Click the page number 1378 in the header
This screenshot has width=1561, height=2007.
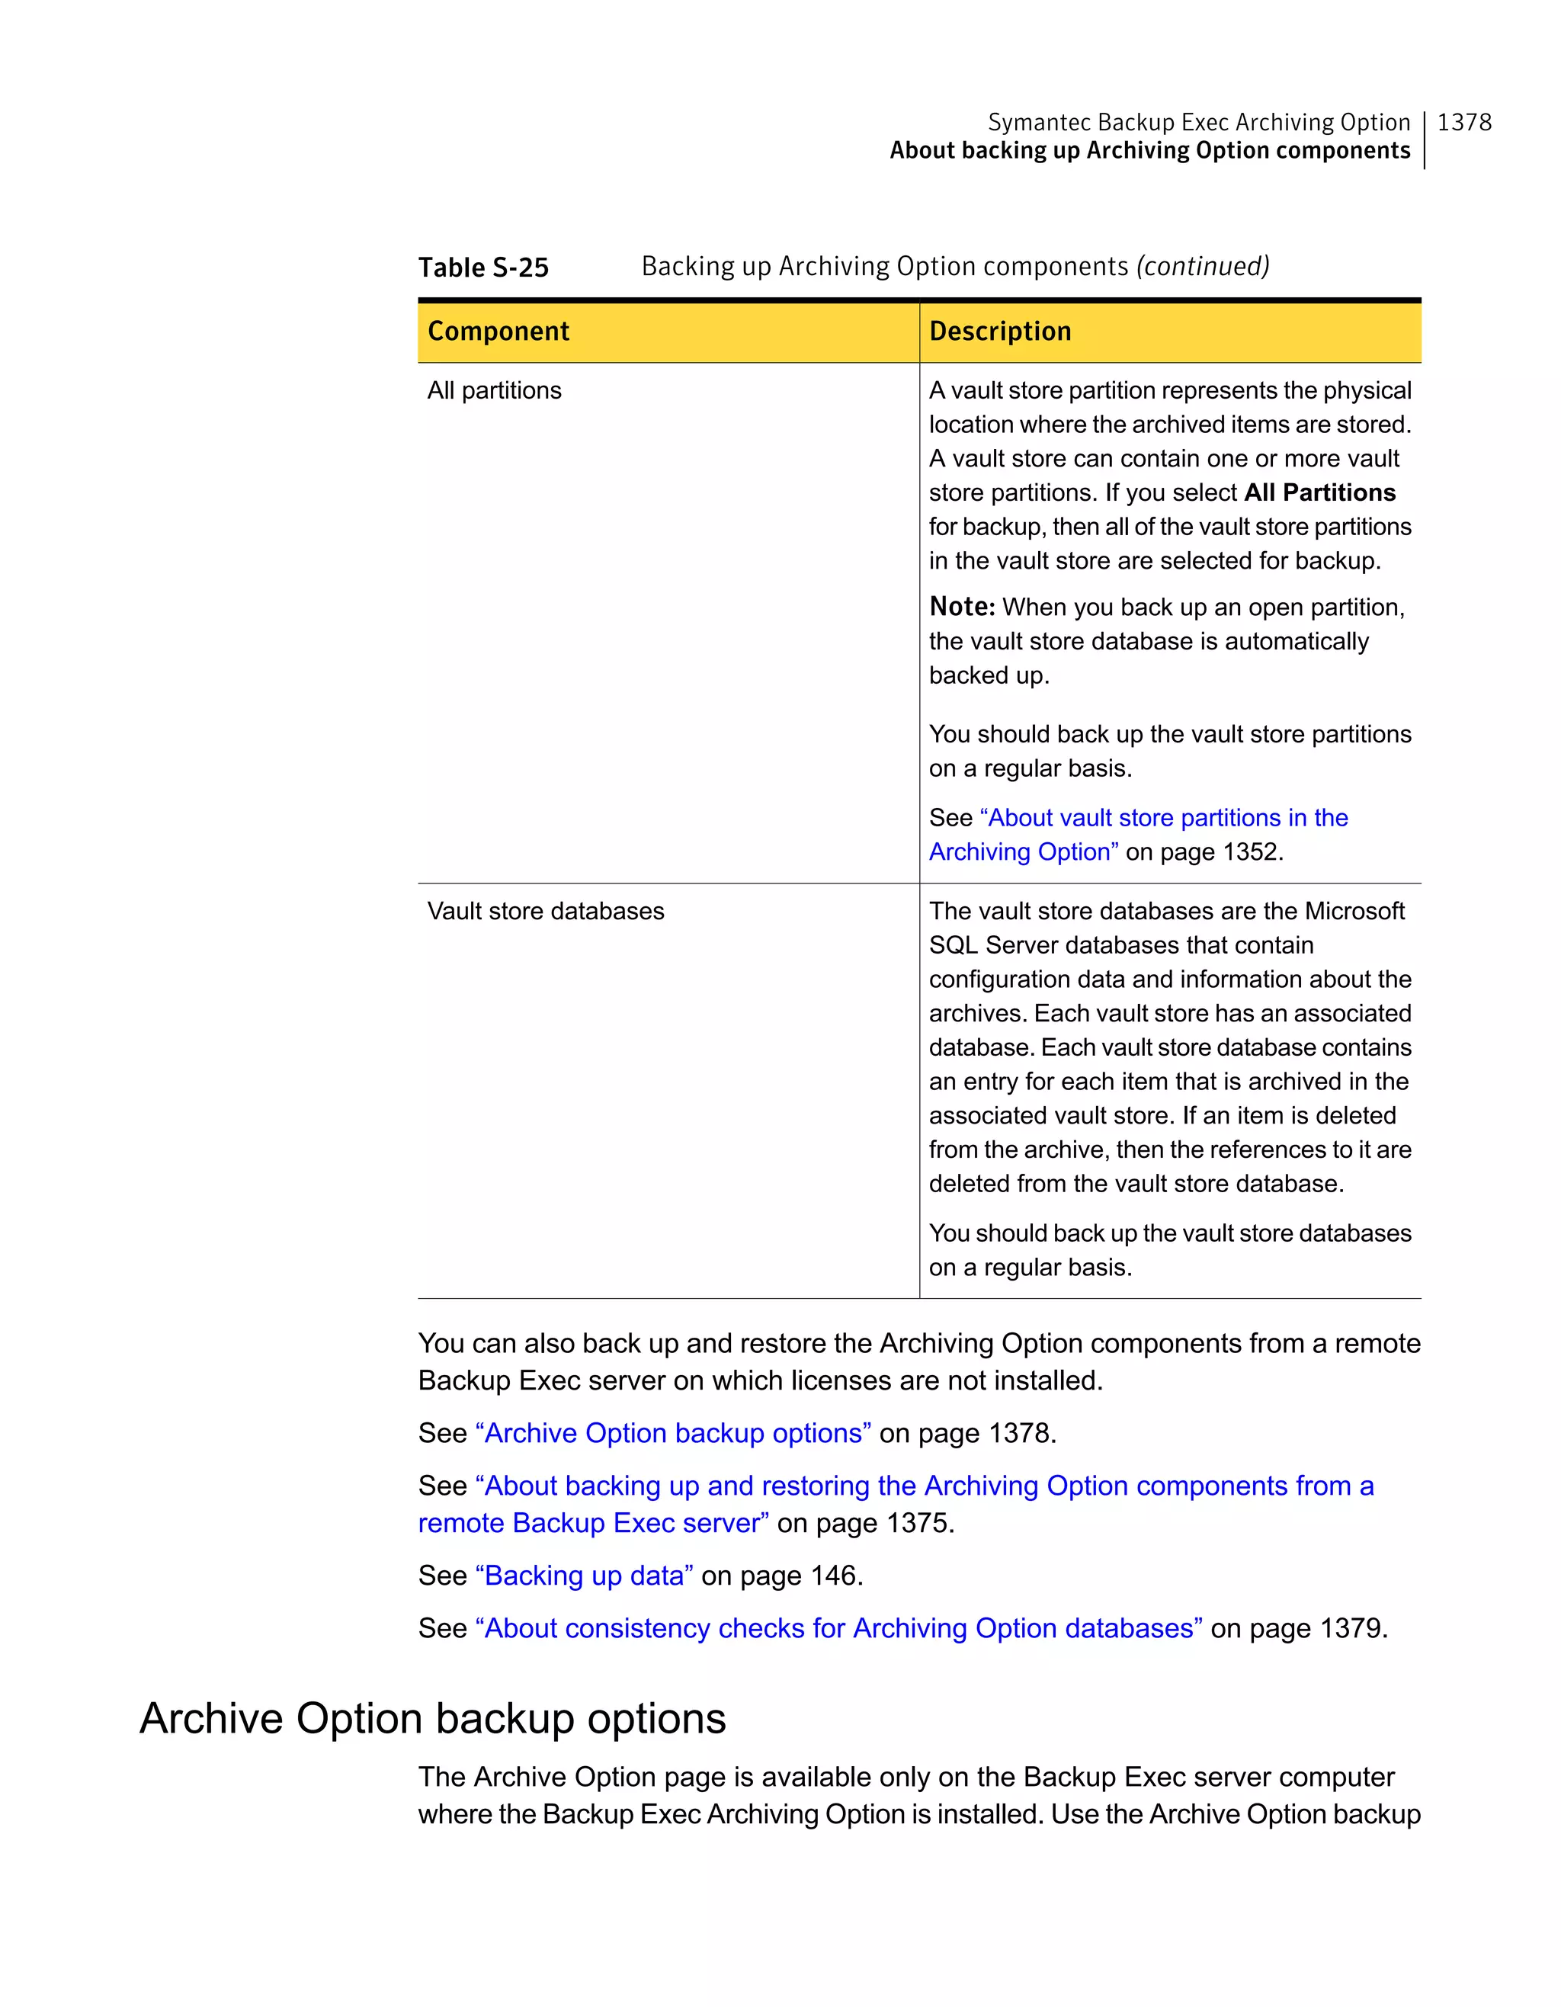pos(1463,122)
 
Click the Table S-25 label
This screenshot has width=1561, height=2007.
pos(483,268)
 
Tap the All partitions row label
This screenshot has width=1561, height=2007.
pos(495,390)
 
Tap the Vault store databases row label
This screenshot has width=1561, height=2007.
pos(546,911)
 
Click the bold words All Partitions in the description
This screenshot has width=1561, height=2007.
pos(1319,492)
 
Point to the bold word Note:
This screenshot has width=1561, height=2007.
pos(962,607)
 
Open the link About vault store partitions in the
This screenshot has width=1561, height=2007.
pos(1164,818)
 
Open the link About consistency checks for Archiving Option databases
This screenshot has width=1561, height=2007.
pos(839,1627)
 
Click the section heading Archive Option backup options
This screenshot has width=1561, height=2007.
pos(433,1717)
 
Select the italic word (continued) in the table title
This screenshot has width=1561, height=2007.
pos(1203,267)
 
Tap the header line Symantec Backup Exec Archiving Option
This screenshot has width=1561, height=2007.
pos(1198,122)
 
